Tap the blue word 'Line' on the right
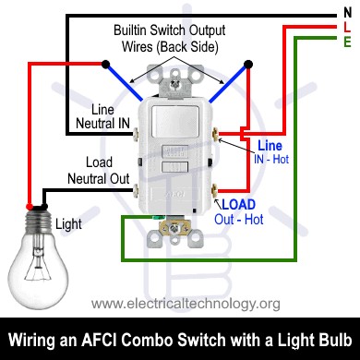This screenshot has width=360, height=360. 270,146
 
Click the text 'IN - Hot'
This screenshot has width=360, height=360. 270,160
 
